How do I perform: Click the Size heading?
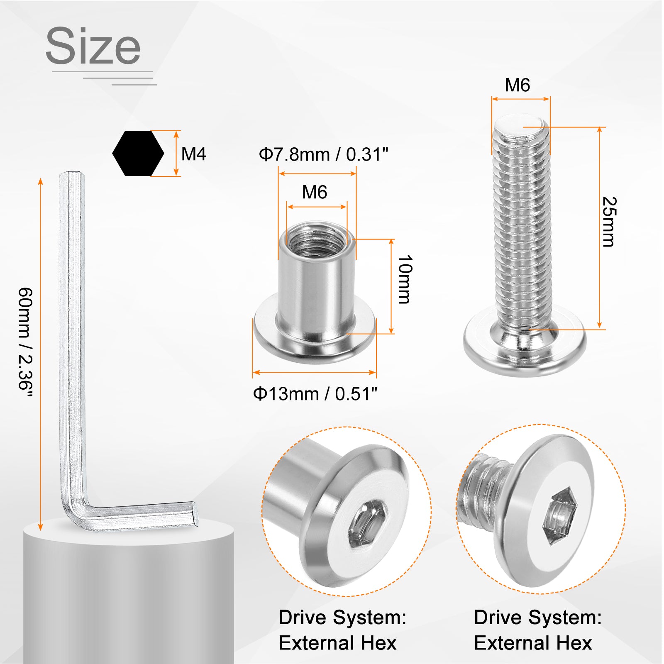pyautogui.click(x=93, y=46)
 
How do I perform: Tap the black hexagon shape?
pyautogui.click(x=138, y=154)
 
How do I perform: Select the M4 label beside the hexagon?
pyautogui.click(x=194, y=154)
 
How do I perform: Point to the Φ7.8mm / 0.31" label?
pyautogui.click(x=324, y=154)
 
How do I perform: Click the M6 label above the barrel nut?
pyautogui.click(x=315, y=192)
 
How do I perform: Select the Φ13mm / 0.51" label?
pyautogui.click(x=315, y=394)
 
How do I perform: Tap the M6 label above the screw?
pyautogui.click(x=518, y=85)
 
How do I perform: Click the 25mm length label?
pyautogui.click(x=609, y=222)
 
